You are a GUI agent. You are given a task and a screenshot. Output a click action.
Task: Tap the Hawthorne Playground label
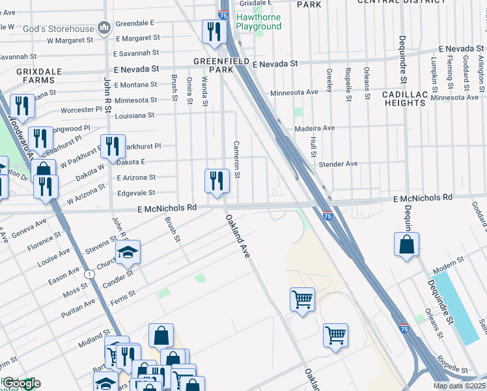258,21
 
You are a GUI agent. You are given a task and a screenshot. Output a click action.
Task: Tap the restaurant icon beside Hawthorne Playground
213,31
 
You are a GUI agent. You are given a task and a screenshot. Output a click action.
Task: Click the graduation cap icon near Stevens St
128,252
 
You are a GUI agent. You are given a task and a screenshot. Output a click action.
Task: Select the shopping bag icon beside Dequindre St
406,244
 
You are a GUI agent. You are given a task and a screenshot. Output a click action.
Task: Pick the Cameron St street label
237,160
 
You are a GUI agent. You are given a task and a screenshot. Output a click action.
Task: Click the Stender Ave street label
338,164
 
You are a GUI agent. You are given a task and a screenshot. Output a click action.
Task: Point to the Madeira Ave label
314,128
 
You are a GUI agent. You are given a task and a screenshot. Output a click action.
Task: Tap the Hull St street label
313,147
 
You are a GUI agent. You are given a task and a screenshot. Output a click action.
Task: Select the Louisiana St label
133,115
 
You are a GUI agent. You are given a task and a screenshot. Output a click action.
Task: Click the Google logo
21,383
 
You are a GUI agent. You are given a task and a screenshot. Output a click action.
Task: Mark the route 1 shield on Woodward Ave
89,274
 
